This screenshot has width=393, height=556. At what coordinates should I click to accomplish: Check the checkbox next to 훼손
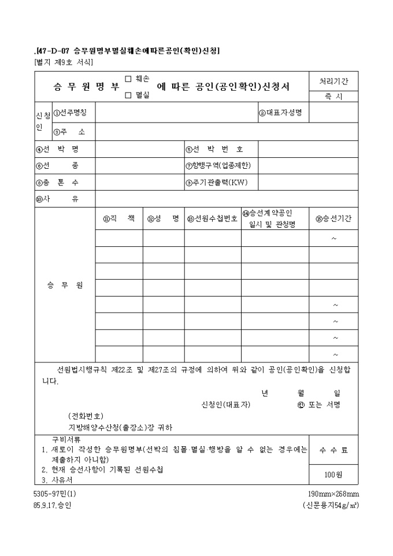pyautogui.click(x=128, y=78)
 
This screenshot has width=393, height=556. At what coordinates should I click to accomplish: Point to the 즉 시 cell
pyautogui.click(x=334, y=97)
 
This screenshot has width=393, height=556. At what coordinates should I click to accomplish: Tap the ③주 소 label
pyautogui.click(x=69, y=131)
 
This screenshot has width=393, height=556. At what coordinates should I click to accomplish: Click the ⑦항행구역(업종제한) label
pyautogui.click(x=218, y=165)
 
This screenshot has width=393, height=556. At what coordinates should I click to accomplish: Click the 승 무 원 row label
pyautogui.click(x=64, y=286)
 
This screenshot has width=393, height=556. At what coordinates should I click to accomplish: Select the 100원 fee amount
pyautogui.click(x=333, y=475)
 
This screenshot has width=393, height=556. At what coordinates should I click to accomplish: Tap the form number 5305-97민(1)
pyautogui.click(x=51, y=494)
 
